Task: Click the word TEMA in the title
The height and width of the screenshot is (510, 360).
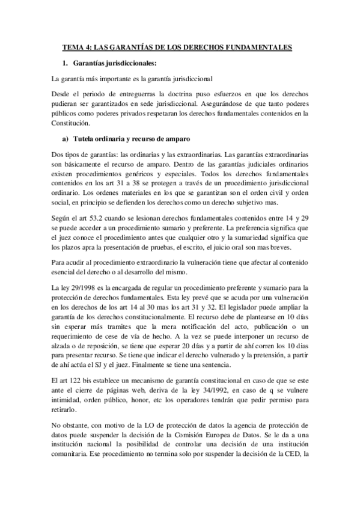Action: coord(74,45)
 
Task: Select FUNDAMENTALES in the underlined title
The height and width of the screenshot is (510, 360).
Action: coord(259,45)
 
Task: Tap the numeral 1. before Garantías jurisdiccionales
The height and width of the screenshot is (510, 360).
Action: coord(65,62)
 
